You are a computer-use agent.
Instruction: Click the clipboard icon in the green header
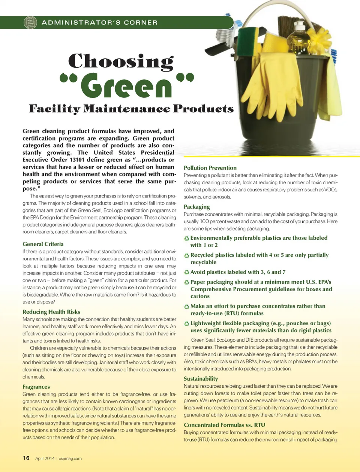click(30, 22)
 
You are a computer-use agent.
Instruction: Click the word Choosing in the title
click(121, 61)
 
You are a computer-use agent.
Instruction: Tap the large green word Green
click(126, 85)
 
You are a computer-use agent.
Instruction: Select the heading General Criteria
click(43, 244)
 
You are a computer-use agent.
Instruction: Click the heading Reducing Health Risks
click(51, 312)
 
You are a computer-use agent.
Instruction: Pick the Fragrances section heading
click(36, 387)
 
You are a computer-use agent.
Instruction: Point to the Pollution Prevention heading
click(210, 168)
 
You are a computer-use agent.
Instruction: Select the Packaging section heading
click(196, 207)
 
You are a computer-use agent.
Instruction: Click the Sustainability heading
click(201, 379)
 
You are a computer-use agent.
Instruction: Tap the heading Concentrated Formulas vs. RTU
click(224, 425)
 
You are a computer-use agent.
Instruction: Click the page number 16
click(26, 458)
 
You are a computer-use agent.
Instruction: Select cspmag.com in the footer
click(70, 459)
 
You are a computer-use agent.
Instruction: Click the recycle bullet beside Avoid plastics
click(186, 272)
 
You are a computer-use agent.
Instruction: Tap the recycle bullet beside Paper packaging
click(186, 282)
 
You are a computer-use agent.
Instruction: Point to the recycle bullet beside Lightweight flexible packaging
click(186, 323)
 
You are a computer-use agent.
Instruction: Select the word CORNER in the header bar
click(141, 22)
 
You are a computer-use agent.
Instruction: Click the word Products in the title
click(203, 109)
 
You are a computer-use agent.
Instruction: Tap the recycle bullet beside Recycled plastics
click(186, 255)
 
